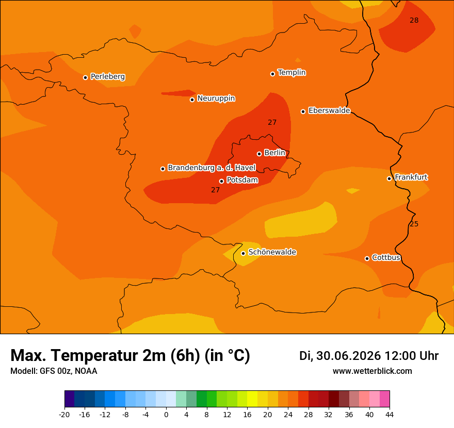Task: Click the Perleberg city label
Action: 108,77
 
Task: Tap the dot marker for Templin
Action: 272,74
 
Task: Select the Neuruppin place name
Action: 216,98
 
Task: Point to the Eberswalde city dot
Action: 303,111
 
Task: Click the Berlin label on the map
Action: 275,153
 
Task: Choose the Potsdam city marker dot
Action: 221,181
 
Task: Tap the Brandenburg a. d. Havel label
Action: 212,168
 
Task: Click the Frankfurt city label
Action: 411,177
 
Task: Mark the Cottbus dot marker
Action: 367,258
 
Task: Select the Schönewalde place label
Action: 272,252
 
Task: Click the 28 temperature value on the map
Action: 414,20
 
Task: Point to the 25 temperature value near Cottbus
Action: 414,224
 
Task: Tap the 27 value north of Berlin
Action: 272,122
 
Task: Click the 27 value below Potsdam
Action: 215,190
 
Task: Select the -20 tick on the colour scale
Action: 64,415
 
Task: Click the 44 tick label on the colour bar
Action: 390,415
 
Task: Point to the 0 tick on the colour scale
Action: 166,415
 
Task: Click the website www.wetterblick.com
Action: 372,371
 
